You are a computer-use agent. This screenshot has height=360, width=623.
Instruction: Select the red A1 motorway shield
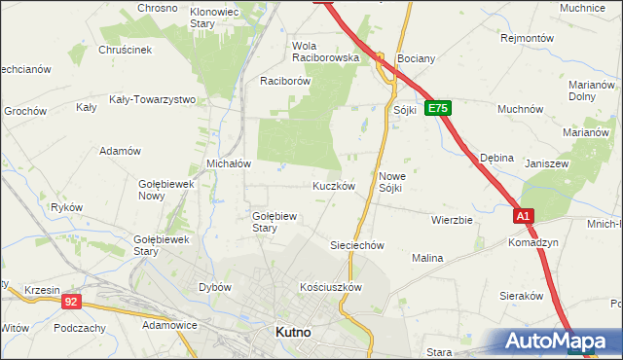[524, 216]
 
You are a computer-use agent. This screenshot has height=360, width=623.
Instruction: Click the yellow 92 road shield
[71, 303]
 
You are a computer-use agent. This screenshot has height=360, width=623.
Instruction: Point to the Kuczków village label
[333, 185]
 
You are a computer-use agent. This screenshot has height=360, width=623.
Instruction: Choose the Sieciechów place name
[359, 245]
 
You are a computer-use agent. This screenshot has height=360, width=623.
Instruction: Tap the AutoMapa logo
[559, 341]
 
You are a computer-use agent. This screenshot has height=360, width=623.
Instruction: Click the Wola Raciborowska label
[326, 52]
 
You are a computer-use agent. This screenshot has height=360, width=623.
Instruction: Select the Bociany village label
[416, 58]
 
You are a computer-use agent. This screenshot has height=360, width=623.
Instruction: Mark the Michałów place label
[230, 163]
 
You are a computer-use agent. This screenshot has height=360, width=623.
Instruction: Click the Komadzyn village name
[531, 243]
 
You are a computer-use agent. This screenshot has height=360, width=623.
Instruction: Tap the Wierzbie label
[452, 220]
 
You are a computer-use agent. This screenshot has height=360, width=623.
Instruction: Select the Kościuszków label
[331, 287]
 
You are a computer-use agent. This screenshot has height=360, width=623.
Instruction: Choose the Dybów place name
[214, 287]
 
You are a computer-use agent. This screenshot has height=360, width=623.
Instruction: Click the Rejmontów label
[527, 38]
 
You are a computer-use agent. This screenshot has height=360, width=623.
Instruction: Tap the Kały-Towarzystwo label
[153, 99]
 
